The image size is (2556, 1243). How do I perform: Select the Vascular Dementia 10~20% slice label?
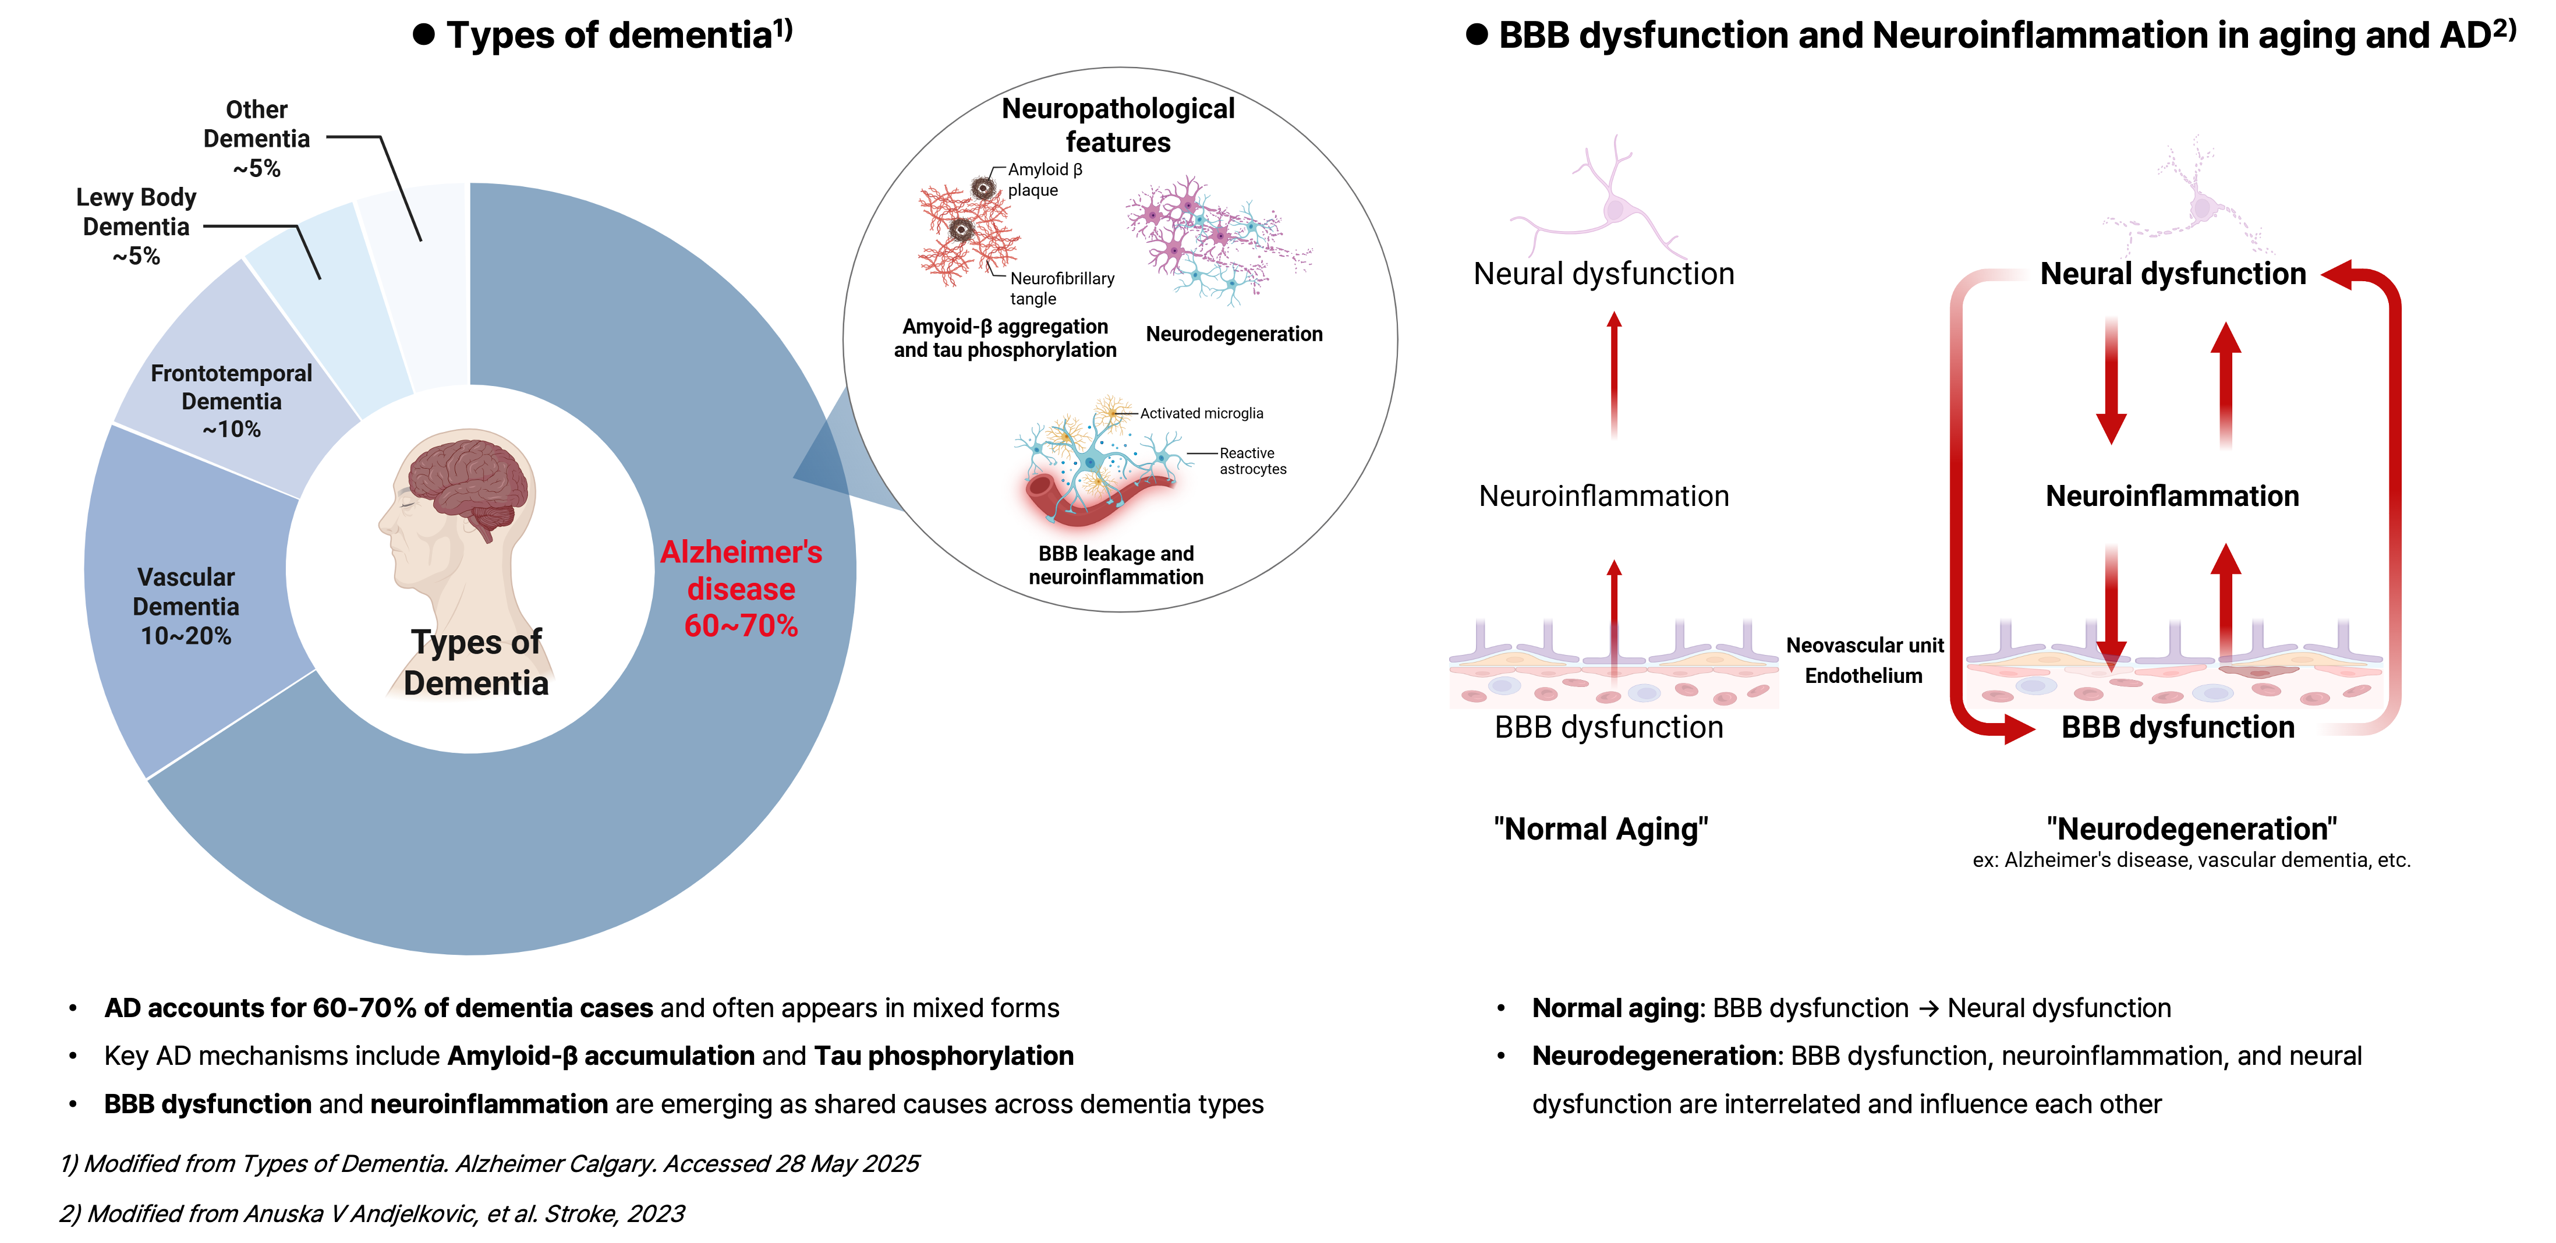click(186, 606)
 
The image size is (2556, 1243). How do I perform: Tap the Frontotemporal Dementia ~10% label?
click(231, 401)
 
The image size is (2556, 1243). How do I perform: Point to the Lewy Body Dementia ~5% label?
click(136, 226)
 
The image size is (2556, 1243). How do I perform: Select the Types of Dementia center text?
click(476, 663)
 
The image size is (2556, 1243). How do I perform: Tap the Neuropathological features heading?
click(1118, 125)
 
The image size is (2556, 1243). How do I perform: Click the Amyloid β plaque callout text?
click(1044, 179)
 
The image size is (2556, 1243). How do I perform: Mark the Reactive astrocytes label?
click(1252, 461)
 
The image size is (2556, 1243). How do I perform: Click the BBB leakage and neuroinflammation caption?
click(1116, 565)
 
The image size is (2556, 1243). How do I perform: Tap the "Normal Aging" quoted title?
click(1601, 828)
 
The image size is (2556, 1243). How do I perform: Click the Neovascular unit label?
click(1864, 646)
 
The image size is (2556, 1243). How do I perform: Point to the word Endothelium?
click(1863, 675)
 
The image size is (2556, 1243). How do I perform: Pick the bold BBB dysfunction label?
click(2178, 727)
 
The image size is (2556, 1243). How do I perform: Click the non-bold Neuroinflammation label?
click(1603, 496)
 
